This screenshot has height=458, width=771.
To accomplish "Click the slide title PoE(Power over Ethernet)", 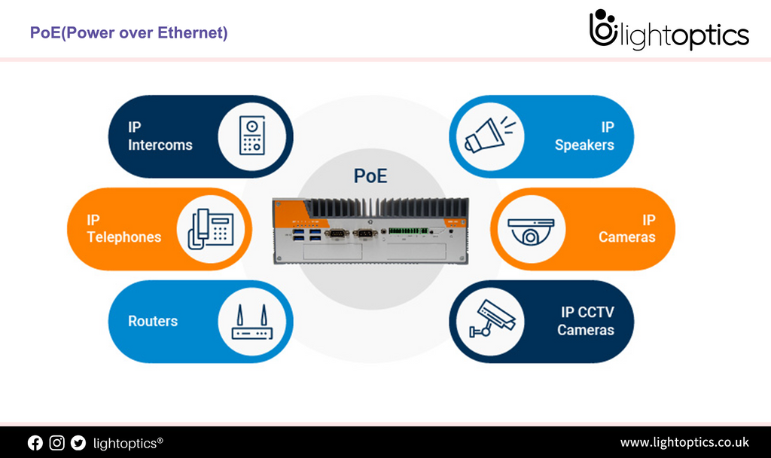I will pos(129,33).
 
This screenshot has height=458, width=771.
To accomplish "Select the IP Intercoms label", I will pos(160,136).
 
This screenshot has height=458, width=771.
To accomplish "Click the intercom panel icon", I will pos(252,136).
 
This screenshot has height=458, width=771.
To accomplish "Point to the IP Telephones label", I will pos(123,229).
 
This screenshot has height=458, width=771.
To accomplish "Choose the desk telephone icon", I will pos(211,229).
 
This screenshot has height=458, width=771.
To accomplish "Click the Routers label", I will pos(153,321).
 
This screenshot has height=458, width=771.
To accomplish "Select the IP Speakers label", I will pos(584,136).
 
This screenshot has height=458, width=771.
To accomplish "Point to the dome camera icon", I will pos(532,229).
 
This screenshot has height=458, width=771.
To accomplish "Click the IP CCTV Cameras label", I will pos(585,322).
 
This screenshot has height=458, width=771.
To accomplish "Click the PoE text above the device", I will pos(370,176).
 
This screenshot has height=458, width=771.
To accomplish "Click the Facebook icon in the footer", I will pos(35,443).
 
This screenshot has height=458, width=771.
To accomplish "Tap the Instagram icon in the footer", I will pos(56,443).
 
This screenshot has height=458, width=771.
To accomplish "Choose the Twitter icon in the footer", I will pos(78,443).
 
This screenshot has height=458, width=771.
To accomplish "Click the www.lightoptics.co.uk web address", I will pos(684,442).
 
